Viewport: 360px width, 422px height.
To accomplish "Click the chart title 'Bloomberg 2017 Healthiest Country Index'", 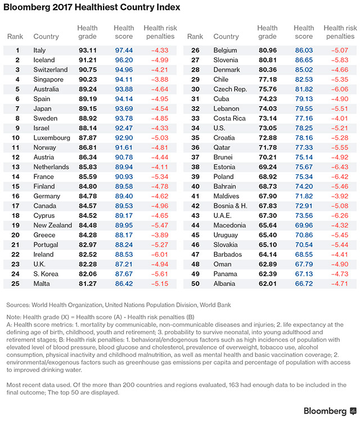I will pos(93,8).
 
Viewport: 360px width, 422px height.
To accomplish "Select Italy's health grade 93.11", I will pos(87,50).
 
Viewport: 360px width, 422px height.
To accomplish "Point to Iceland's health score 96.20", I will pos(124,60).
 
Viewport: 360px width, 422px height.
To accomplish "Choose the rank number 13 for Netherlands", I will pos(15,167).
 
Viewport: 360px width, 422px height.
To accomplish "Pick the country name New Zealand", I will pos(53,225).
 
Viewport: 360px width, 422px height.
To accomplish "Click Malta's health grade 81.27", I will pos(87,284).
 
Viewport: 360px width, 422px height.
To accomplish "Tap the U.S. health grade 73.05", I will pos(267,128).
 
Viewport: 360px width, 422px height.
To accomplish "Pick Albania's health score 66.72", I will pos(304,284).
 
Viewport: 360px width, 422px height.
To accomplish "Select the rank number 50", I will pos(195,284).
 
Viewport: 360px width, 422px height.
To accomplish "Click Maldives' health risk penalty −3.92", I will pos(340,196).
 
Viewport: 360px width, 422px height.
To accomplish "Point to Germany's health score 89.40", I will pos(124,196).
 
